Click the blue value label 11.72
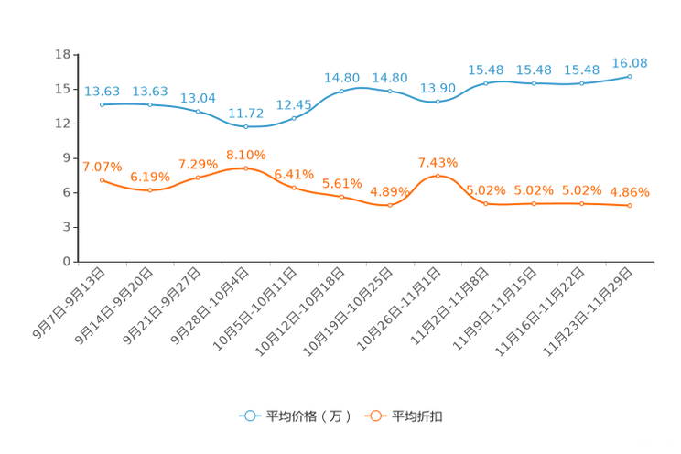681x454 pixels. [x=245, y=113]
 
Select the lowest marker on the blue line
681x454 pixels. [x=245, y=127]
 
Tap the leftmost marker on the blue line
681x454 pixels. [x=102, y=104]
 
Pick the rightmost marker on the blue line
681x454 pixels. [x=630, y=76]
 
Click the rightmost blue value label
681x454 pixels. [x=630, y=62]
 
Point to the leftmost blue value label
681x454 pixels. [x=102, y=90]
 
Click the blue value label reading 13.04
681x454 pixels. [x=198, y=97]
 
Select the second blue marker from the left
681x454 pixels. [x=150, y=104]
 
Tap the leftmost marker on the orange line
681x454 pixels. [x=102, y=179]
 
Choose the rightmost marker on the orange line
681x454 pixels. [x=630, y=206]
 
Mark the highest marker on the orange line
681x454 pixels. [x=245, y=168]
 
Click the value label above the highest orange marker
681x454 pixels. [x=245, y=154]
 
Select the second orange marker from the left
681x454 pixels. [x=150, y=190]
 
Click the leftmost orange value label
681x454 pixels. [x=102, y=166]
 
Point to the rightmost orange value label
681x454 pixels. [x=630, y=192]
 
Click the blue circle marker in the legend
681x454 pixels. [x=248, y=416]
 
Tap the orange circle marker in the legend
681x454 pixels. [x=374, y=416]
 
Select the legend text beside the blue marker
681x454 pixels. [x=308, y=416]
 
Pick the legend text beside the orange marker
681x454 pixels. [x=418, y=416]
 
